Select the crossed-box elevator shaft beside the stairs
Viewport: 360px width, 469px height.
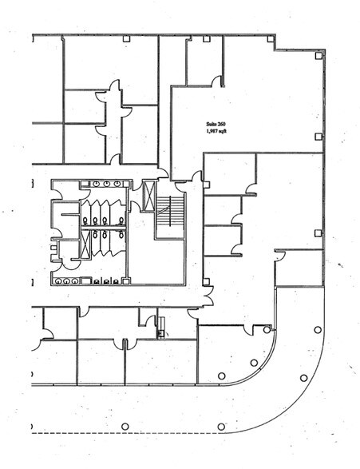pos(148,193)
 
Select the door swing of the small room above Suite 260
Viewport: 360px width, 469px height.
pos(216,79)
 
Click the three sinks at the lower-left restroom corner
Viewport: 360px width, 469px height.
pos(65,280)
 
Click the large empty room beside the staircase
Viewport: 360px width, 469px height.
pos(156,256)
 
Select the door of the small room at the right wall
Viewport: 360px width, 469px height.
pos(279,255)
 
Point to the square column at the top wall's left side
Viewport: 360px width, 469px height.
pos(126,38)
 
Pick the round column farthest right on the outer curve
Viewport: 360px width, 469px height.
pos(318,328)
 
